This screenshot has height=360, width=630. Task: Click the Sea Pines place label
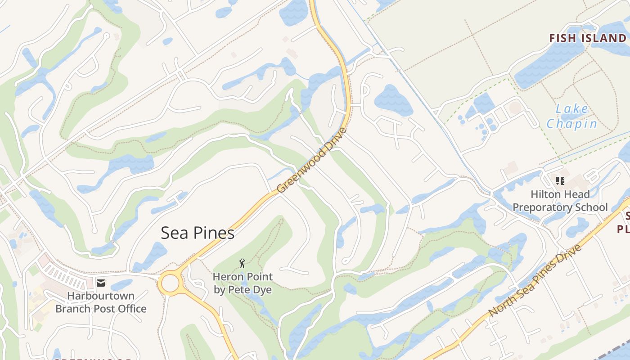(198, 233)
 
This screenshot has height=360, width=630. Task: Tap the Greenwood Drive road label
(312, 161)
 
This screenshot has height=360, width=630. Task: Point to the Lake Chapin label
(572, 116)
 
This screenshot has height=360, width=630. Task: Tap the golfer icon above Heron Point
(243, 263)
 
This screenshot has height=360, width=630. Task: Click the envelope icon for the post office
(101, 283)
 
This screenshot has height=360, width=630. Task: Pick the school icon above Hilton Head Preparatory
(560, 181)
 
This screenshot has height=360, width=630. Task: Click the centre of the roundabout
(171, 283)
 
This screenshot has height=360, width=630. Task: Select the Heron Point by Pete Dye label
(243, 283)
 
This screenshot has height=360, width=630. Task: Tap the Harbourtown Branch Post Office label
(101, 302)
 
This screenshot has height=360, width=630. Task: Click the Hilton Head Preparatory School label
(560, 201)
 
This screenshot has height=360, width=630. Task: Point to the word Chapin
(572, 123)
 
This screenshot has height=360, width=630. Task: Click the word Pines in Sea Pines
(214, 233)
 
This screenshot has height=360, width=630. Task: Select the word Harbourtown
(101, 296)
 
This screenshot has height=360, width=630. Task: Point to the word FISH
(562, 38)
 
